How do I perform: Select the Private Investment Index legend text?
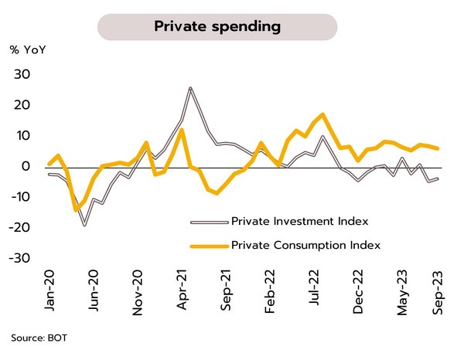[x=299, y=222]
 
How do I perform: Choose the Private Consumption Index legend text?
[x=306, y=245]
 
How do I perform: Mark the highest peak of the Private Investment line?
[x=189, y=88]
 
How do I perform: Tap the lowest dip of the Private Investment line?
[x=84, y=225]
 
